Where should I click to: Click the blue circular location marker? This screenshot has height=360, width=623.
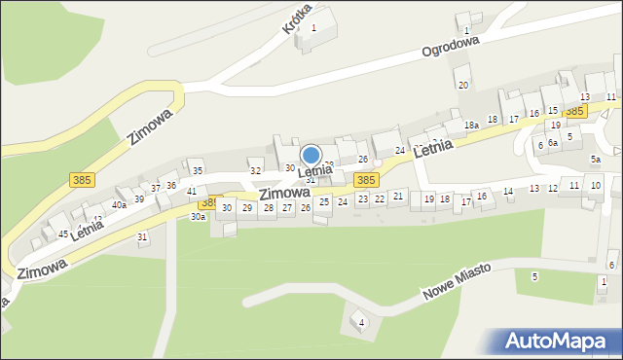pos(311,155)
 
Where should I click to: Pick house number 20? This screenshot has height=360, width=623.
pos(463,85)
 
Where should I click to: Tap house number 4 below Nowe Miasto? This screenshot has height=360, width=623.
pos(361,322)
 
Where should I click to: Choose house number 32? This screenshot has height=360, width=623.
pos(255,170)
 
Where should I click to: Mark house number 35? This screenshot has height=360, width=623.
pos(197,170)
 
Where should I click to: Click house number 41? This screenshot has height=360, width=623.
pos(192,192)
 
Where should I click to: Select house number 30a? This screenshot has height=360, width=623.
pos(198,217)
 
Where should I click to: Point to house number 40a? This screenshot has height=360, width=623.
pos(119,204)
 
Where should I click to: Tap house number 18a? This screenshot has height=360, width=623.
pos(471,126)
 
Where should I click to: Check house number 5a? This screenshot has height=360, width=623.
pos(595,159)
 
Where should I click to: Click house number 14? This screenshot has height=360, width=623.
pos(508,192)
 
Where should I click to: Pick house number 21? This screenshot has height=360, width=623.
pos(398,196)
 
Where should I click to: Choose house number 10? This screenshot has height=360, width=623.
pos(596,185)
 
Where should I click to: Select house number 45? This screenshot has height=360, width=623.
pos(62,234)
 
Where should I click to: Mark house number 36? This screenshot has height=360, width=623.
pos(171,185)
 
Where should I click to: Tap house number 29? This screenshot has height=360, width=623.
pos(247,207)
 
